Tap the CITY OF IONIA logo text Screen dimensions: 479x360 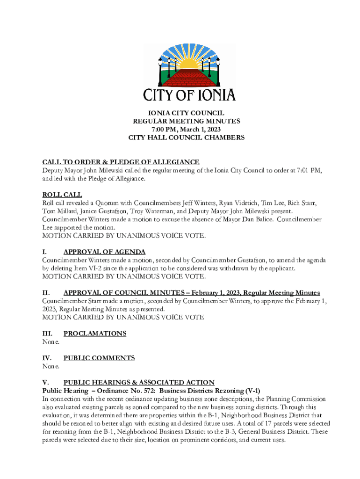(x=189, y=94)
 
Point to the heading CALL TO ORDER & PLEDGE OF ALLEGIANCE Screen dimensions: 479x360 (x=121, y=162)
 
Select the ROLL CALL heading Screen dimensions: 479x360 (x=62, y=195)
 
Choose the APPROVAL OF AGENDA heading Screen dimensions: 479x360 (x=104, y=252)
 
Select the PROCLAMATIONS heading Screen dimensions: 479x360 (x=95, y=334)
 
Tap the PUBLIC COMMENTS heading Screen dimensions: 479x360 (x=99, y=358)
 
